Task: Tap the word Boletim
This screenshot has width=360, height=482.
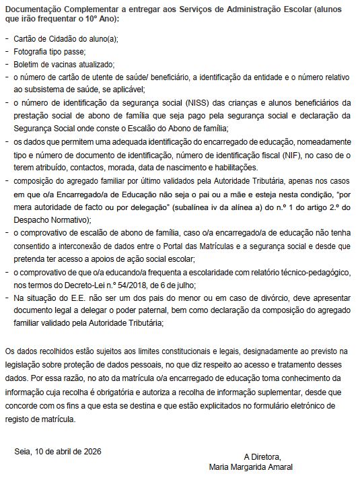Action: [27, 64]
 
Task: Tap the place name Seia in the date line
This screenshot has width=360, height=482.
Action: [22, 450]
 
